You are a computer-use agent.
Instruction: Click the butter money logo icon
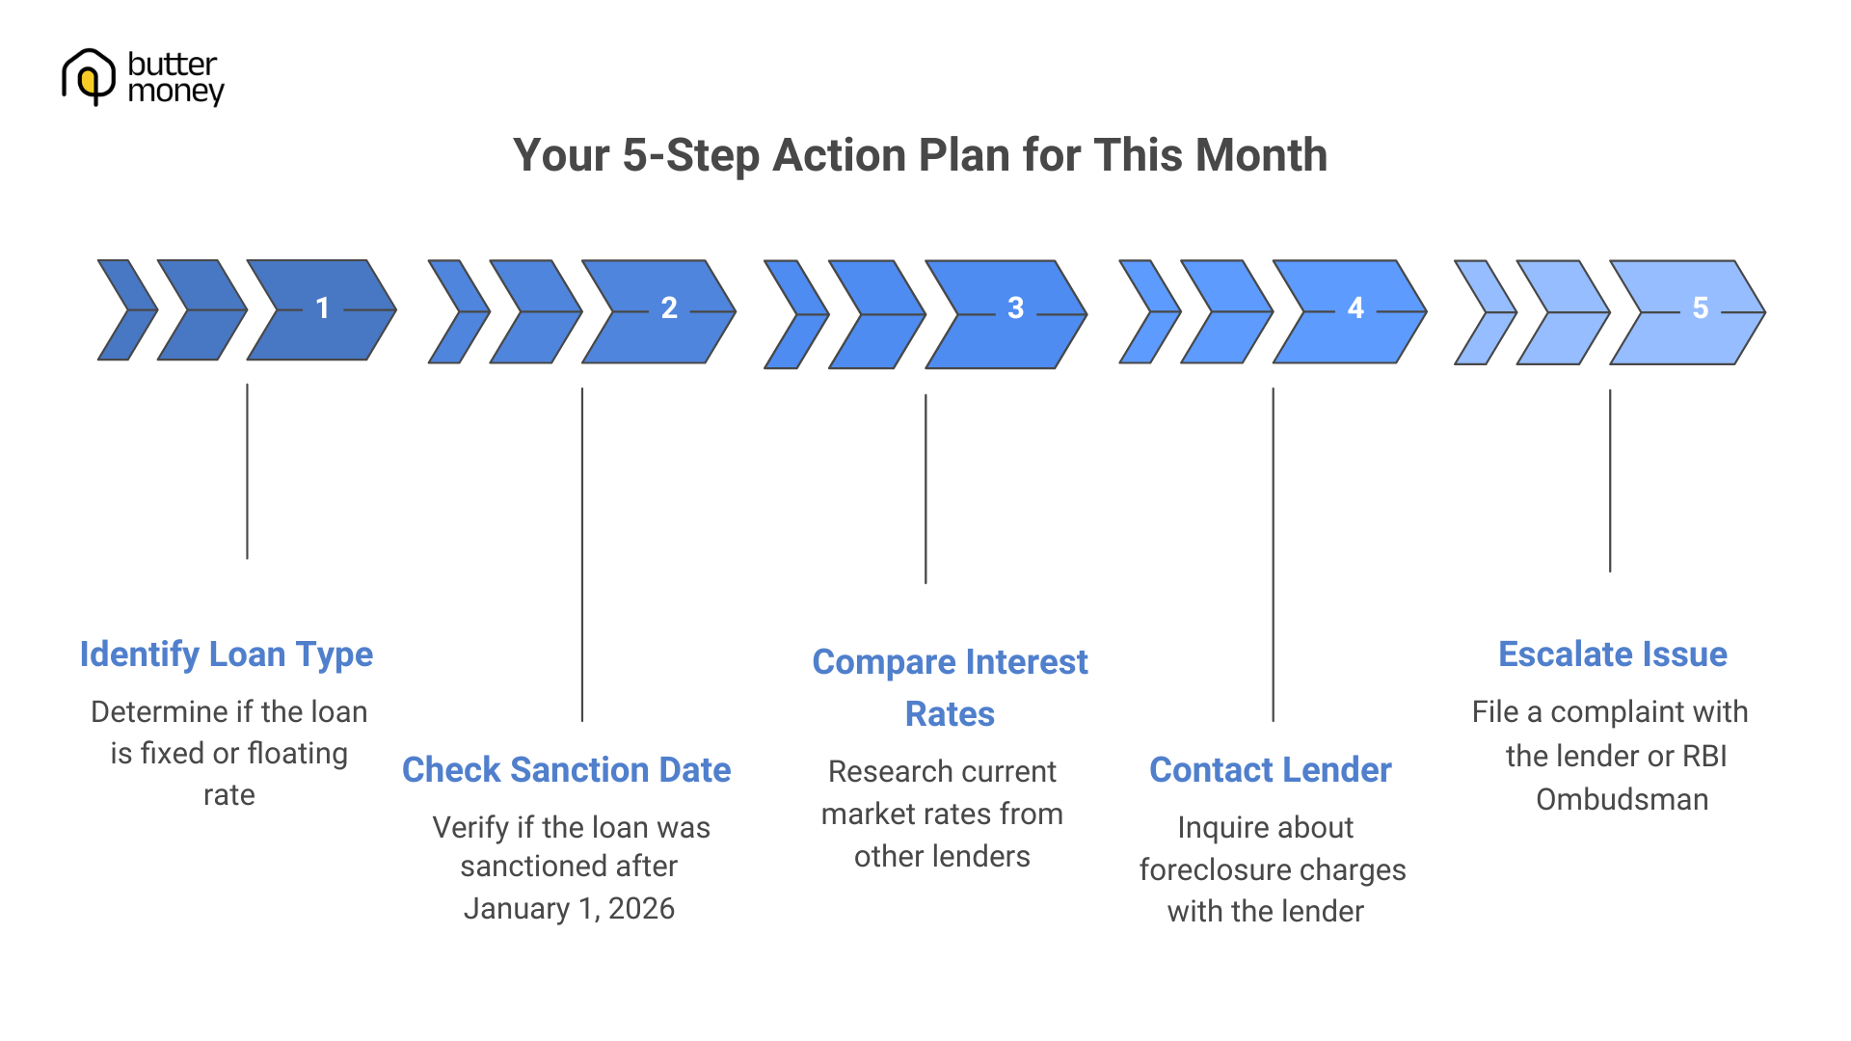coord(89,76)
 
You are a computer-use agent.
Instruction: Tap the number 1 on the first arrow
coord(323,308)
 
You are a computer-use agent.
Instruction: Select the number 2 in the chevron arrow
coord(669,308)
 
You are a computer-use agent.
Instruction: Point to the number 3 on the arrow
coord(1015,308)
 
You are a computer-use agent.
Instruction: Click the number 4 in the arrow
coord(1355,308)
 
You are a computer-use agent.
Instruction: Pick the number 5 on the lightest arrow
coord(1701,308)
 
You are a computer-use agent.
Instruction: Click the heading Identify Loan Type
coord(226,654)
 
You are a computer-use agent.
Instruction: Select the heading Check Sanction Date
coord(566,770)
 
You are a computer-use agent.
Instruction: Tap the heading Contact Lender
coord(1270,770)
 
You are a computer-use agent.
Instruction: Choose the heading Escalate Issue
coord(1612,654)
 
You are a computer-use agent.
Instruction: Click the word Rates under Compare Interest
coord(950,714)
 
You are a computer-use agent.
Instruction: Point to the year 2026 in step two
coord(641,909)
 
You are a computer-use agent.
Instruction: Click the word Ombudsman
coord(1622,800)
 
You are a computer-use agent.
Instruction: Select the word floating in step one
coord(297,754)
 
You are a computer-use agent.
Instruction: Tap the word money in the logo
coord(175,93)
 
